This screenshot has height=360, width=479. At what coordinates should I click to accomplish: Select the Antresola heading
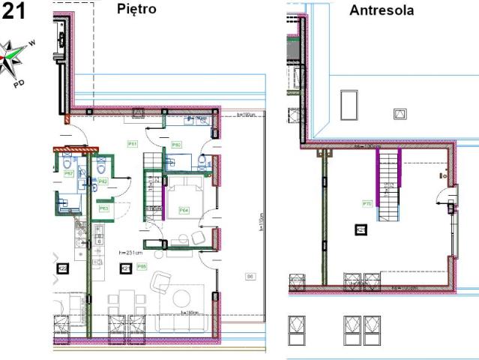tap(381, 11)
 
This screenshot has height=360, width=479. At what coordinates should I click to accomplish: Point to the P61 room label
tap(132, 143)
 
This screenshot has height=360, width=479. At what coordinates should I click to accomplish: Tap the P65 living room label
tap(141, 265)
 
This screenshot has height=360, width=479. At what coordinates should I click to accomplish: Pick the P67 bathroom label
tap(68, 173)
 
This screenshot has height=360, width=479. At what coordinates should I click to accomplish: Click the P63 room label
tap(103, 208)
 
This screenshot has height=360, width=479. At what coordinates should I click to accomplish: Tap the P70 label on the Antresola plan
tap(367, 203)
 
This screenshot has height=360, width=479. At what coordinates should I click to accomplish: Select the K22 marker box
tap(63, 268)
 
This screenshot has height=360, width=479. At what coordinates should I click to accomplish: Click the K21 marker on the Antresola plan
tap(361, 229)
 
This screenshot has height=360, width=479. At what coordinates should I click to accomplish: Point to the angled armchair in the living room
tap(161, 283)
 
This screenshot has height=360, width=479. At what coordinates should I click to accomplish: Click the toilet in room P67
tap(67, 163)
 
